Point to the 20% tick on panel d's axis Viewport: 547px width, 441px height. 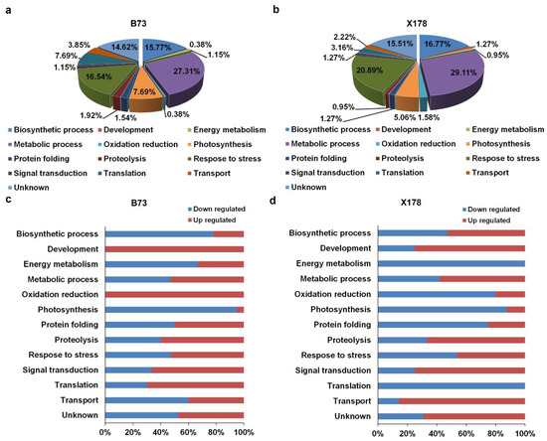pos(404,433)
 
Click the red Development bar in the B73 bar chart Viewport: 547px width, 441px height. pos(174,248)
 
